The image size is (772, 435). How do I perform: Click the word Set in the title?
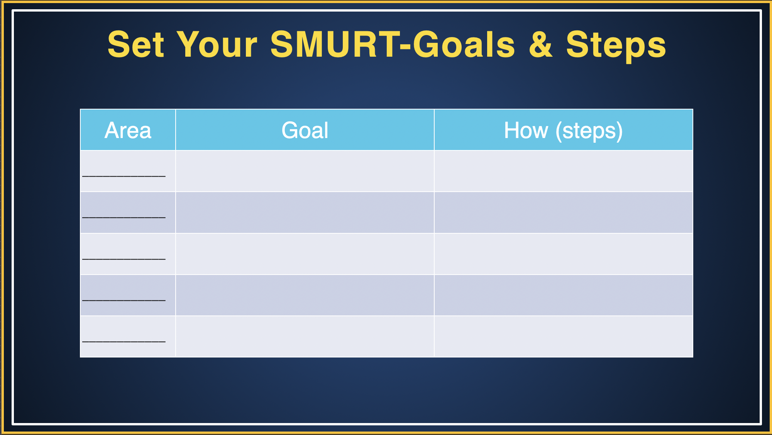(136, 45)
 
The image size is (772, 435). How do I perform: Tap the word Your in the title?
(217, 45)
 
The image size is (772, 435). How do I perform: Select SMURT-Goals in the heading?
(393, 45)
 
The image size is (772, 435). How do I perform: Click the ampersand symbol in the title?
(540, 45)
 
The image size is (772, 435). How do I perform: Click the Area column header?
(128, 130)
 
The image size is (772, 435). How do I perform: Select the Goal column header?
(305, 130)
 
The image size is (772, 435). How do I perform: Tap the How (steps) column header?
(563, 130)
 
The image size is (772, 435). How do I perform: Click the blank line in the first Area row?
(124, 175)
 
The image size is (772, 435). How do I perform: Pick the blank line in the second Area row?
(124, 217)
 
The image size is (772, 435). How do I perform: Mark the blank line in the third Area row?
(124, 258)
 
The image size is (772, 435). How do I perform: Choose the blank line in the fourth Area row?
(124, 300)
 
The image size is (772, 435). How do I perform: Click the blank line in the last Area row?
(124, 341)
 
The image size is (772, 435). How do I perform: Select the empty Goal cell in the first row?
(305, 171)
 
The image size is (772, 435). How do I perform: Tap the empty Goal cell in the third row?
(305, 254)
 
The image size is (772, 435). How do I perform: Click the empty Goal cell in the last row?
(305, 336)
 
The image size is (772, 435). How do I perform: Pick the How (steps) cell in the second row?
(563, 212)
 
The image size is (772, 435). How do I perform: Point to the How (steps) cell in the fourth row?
(563, 295)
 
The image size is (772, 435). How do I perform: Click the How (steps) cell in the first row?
(563, 171)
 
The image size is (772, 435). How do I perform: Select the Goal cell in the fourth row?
(305, 295)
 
